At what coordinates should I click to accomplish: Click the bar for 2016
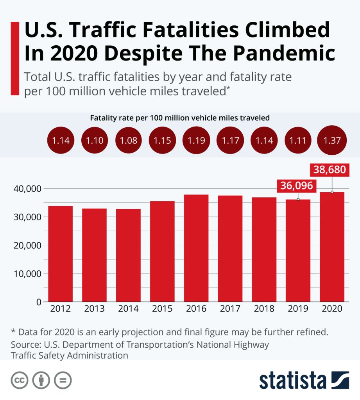(x=196, y=248)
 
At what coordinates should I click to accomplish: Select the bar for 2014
(x=128, y=255)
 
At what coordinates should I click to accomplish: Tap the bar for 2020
(x=332, y=246)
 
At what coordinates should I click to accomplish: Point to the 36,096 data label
(x=297, y=186)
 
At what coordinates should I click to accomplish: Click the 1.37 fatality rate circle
(x=332, y=141)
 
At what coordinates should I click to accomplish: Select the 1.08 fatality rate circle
(x=129, y=141)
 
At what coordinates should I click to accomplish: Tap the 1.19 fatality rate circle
(x=196, y=141)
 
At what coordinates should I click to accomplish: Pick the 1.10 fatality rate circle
(x=95, y=141)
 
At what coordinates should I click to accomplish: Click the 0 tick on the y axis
(x=39, y=302)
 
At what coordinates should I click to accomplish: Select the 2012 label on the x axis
(x=61, y=309)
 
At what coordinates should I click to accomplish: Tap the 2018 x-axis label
(x=264, y=309)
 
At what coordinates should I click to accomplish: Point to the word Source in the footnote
(x=25, y=345)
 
